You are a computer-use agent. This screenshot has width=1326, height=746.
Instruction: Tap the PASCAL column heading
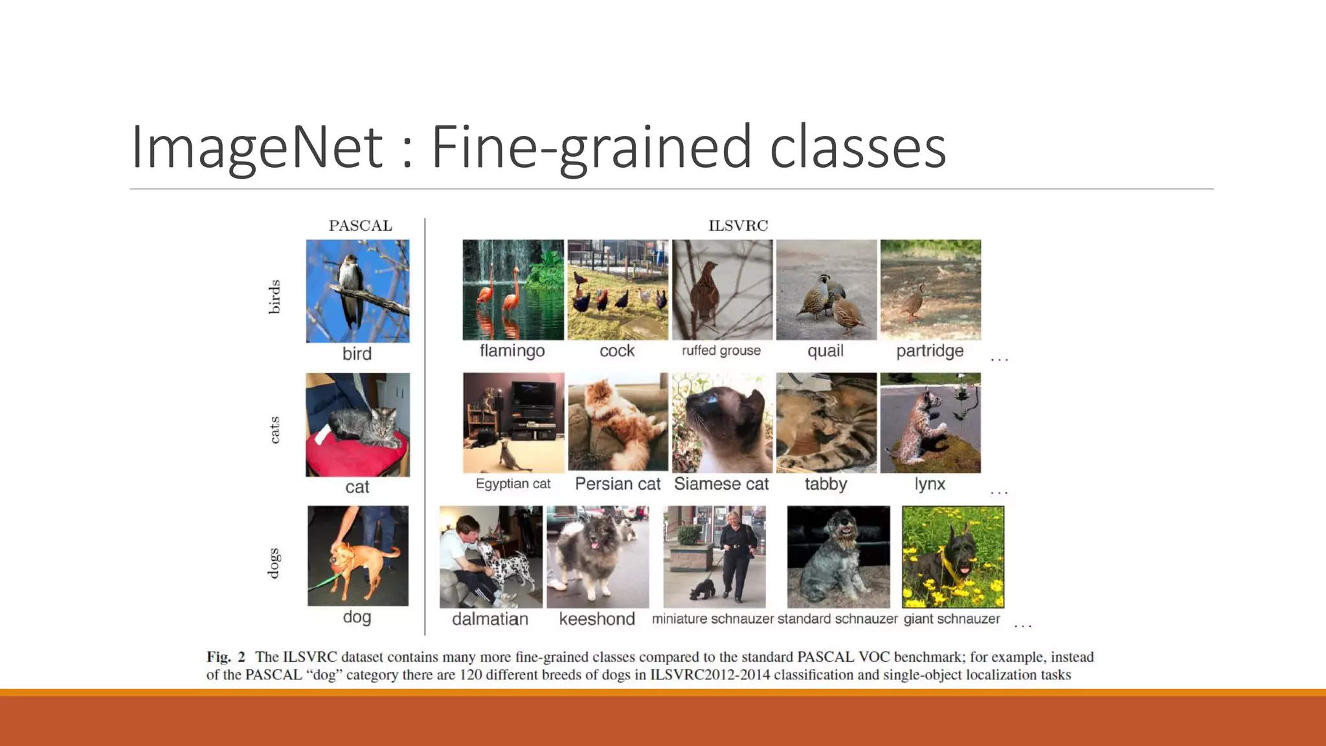point(360,226)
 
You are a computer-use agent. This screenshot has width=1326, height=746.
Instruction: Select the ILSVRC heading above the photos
point(737,226)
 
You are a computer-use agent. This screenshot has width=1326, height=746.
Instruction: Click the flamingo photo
point(513,289)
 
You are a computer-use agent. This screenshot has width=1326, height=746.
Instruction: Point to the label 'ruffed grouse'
point(721,351)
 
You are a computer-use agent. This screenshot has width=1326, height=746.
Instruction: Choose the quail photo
point(826,289)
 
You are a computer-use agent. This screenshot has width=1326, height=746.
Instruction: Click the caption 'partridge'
point(930,351)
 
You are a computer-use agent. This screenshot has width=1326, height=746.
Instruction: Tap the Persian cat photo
point(618,422)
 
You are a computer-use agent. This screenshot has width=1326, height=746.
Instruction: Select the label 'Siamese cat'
point(721,484)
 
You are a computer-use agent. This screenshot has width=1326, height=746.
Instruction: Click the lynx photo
point(930,422)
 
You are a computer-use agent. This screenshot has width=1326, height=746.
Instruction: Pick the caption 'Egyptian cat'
point(513,484)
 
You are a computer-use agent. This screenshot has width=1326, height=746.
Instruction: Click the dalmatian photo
point(491,557)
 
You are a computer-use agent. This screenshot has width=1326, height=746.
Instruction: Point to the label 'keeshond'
point(597,619)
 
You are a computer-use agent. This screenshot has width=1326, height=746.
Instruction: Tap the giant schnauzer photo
point(952,557)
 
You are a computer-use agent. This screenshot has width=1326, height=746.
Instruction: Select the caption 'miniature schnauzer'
point(712,619)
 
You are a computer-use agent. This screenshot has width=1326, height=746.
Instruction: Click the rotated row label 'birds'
point(275,297)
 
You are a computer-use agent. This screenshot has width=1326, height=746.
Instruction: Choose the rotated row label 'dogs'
point(275,562)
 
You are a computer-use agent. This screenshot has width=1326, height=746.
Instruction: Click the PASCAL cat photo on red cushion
point(357,424)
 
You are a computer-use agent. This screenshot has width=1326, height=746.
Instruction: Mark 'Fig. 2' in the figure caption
point(226,657)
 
